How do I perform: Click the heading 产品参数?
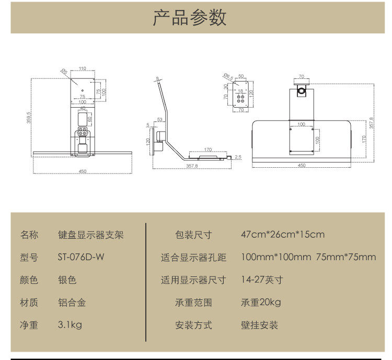coord(190,17)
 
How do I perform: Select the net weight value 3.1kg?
coord(70,325)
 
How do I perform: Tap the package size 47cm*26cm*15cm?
coord(283,234)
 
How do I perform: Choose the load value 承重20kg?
coord(261,303)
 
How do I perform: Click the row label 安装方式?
coord(193,325)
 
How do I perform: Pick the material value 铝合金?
coord(72,303)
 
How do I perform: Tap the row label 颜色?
coord(29,280)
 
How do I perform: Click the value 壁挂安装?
coord(259,325)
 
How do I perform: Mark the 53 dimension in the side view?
coord(159,120)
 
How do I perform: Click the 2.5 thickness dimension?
coord(238,156)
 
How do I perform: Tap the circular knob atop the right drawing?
coord(302,91)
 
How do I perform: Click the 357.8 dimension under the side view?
coord(192,166)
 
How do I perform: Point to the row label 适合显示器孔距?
coord(193,257)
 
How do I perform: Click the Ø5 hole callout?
coord(64,72)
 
